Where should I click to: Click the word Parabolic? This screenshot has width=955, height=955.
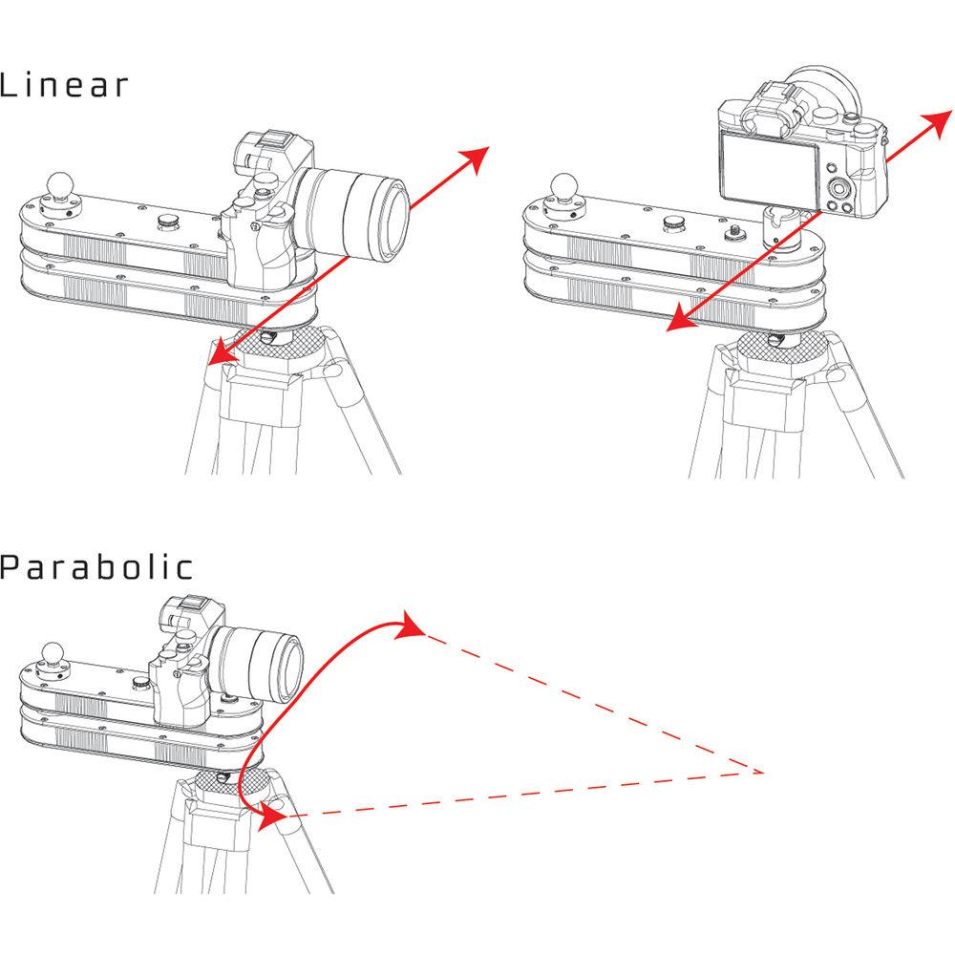96,568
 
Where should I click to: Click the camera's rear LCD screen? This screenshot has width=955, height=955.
769,167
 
